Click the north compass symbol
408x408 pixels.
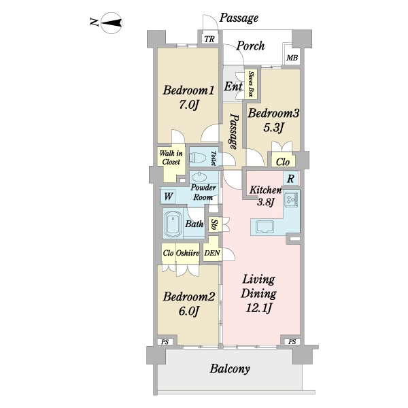coord(111,23)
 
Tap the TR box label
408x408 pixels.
coord(209,39)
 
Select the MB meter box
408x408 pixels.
coord(292,58)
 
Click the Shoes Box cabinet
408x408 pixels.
coord(251,84)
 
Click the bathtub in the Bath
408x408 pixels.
coord(173,224)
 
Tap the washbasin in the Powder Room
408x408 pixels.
coord(199,177)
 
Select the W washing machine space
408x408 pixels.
coord(168,197)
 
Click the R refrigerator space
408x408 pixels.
coord(290,178)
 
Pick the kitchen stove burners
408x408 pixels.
coord(292,199)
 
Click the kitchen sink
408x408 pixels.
coord(265,227)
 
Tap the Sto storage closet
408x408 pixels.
coord(215,224)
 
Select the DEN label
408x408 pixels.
coord(212,253)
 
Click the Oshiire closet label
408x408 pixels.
coord(188,253)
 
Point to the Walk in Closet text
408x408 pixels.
coord(171,158)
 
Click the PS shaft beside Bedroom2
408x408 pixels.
coord(165,342)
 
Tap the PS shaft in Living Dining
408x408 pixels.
coord(292,341)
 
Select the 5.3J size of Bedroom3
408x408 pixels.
coord(273,128)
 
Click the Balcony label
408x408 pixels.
coord(230,369)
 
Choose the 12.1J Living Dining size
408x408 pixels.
coord(258,309)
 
